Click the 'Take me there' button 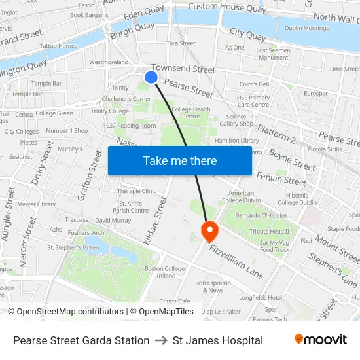180,160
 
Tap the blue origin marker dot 151,77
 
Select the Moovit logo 320,340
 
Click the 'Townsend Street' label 183,69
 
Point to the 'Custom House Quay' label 227,8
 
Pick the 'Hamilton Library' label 237,140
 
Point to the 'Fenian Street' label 281,177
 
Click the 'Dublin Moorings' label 306,28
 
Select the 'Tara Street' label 181,43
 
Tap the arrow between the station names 161,340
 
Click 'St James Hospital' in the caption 218,340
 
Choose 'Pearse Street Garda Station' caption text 81,340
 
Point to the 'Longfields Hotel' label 260,297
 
